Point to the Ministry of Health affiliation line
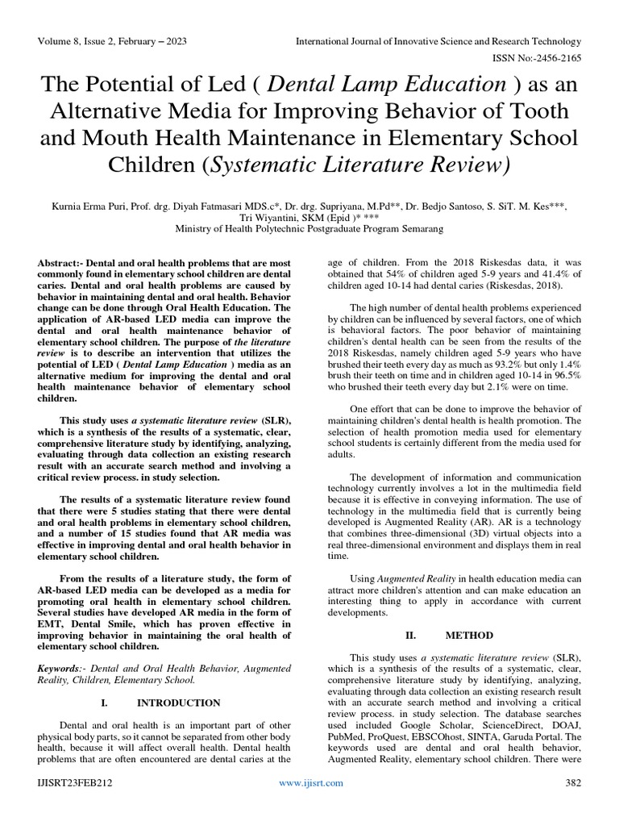[x=309, y=229]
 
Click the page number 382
[x=572, y=783]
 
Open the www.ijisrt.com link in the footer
[x=310, y=783]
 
